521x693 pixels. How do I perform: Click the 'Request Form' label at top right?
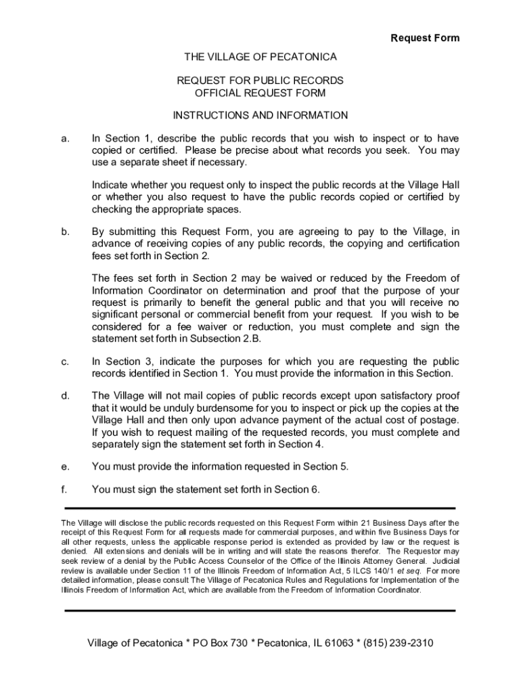[x=425, y=38]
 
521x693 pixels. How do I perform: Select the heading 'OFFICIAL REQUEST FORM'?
[x=260, y=93]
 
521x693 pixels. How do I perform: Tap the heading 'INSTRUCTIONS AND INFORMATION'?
[x=260, y=116]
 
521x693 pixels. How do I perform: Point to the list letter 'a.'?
[x=65, y=139]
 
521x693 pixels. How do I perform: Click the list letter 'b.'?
[x=65, y=232]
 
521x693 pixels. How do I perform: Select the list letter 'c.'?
[x=65, y=361]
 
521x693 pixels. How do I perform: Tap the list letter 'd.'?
[x=65, y=396]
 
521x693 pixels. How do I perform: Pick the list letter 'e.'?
[x=65, y=466]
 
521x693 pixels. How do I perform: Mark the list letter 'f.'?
[x=64, y=489]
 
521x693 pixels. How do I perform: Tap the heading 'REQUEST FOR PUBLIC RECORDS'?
[x=260, y=81]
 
